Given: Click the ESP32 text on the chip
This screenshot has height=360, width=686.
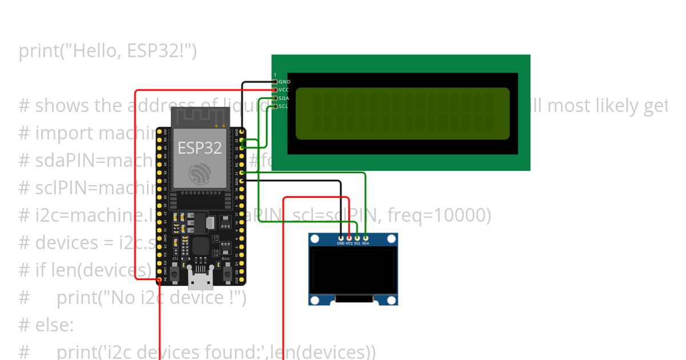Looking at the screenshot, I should (x=200, y=147).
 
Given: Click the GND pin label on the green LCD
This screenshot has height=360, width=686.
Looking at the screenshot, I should (x=285, y=82).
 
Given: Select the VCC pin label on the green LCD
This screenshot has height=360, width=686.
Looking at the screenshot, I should (x=284, y=90).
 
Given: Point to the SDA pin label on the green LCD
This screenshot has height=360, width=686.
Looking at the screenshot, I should (x=284, y=98).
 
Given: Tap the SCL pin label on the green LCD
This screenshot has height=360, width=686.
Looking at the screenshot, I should (x=284, y=106).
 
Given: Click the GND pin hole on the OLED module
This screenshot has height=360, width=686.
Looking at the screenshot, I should (x=341, y=238).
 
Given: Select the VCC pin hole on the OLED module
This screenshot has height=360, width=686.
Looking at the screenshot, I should (x=349, y=238).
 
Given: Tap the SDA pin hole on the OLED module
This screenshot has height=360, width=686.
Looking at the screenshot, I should (x=365, y=238).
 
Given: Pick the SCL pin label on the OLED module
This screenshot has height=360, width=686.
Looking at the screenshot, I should (x=357, y=243).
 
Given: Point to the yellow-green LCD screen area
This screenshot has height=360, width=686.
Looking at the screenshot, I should (x=402, y=114).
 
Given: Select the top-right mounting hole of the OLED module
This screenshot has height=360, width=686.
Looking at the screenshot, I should (x=392, y=239).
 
